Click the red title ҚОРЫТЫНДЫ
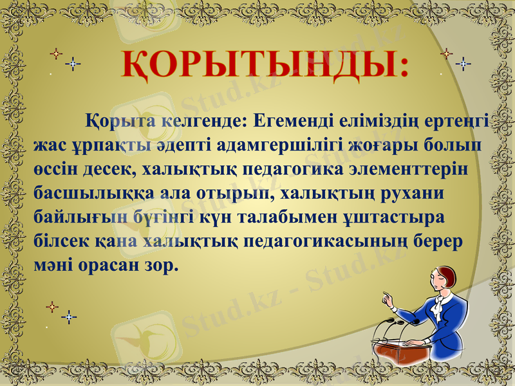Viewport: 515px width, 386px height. pos(264,66)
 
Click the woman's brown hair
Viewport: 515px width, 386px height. pos(449,276)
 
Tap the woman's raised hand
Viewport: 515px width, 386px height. pos(388,299)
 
